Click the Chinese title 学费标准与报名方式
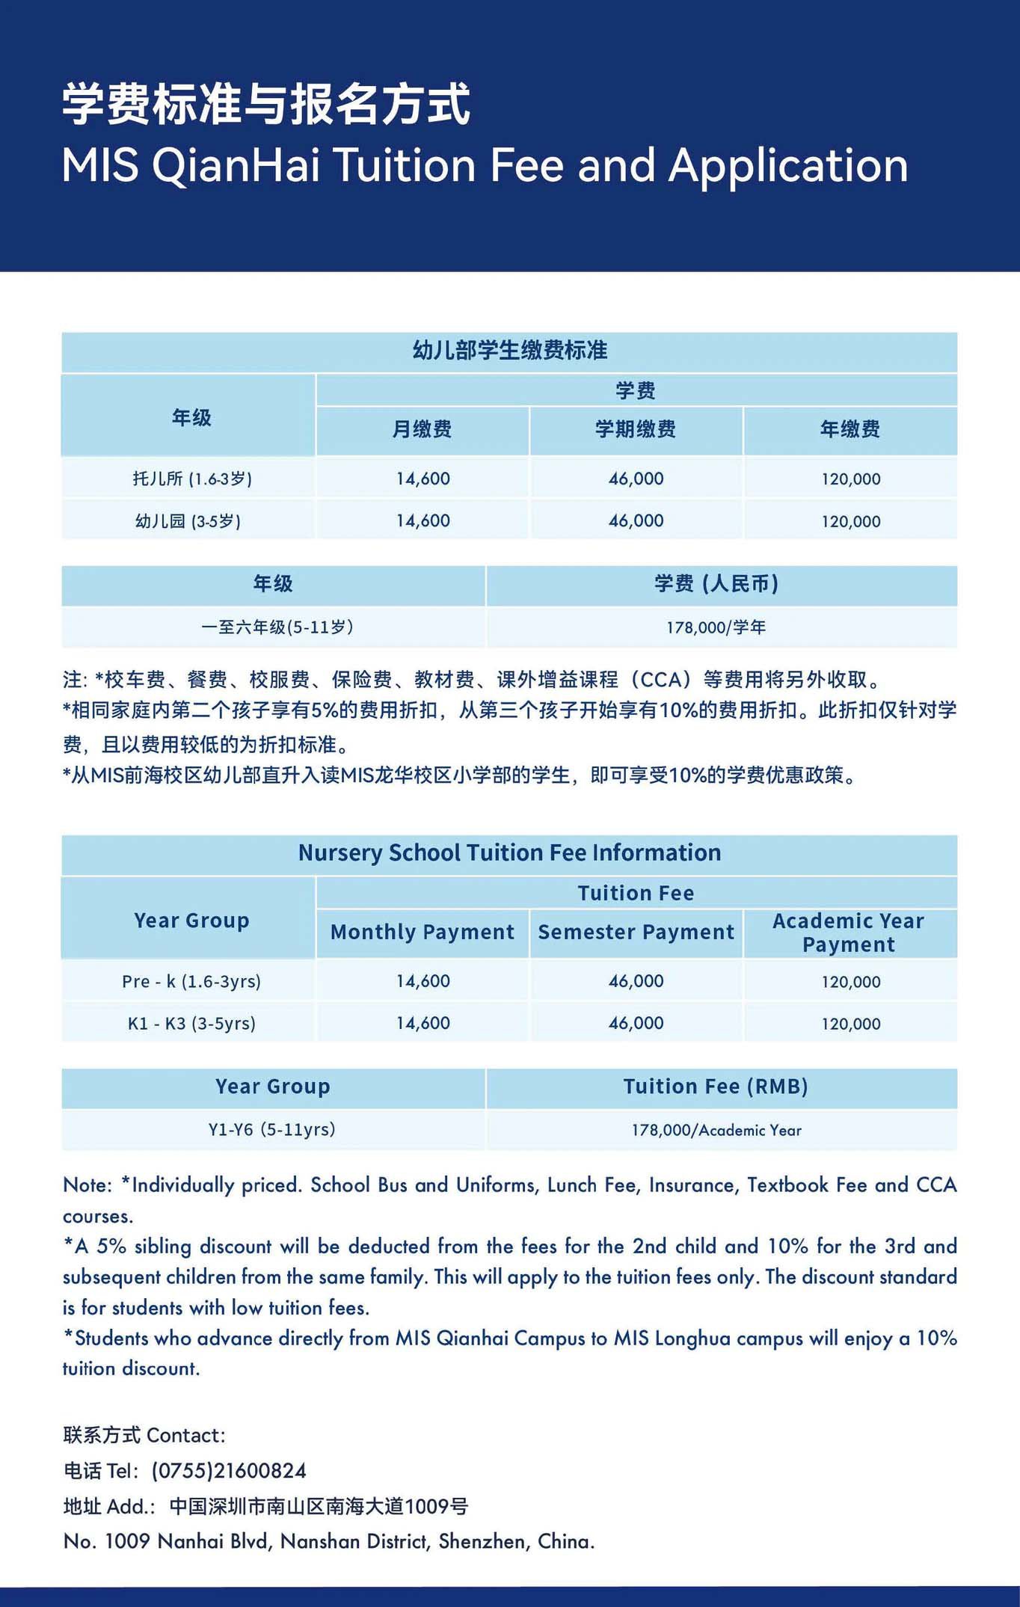[x=265, y=104]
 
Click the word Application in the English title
[x=788, y=165]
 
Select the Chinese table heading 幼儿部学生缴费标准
[x=509, y=351]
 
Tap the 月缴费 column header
[x=422, y=429]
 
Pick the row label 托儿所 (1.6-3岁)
[x=192, y=479]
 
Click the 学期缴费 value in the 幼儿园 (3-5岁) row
[x=636, y=520]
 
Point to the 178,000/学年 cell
[x=716, y=627]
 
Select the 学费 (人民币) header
[x=716, y=584]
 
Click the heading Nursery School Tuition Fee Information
[x=509, y=853]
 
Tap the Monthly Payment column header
[x=422, y=932]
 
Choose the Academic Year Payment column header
[x=849, y=932]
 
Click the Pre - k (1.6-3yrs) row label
[x=191, y=981]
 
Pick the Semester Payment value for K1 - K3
[x=636, y=1023]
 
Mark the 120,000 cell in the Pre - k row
[x=850, y=982]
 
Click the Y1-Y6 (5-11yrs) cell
[x=271, y=1129]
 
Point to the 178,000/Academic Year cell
[x=716, y=1130]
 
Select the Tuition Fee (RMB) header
[x=716, y=1087]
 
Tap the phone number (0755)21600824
[x=229, y=1471]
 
